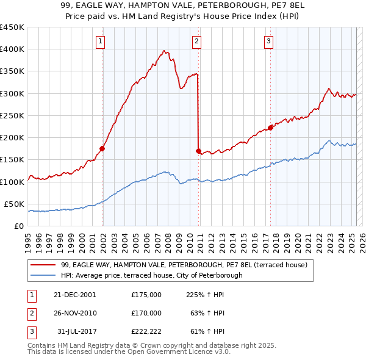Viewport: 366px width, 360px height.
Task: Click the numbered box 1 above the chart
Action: (x=99, y=41)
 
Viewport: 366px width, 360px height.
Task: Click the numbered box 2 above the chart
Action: (x=197, y=41)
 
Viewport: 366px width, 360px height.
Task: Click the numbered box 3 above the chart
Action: (x=268, y=41)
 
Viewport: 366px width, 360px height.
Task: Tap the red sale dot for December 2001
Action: (x=102, y=148)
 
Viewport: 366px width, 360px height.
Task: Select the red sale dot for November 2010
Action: (x=199, y=150)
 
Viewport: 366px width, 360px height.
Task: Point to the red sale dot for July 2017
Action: (x=270, y=128)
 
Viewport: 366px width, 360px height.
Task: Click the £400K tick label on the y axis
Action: (x=12, y=49)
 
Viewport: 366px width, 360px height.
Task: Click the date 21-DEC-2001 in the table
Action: (x=74, y=295)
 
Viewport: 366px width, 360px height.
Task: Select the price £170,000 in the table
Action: (x=146, y=313)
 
